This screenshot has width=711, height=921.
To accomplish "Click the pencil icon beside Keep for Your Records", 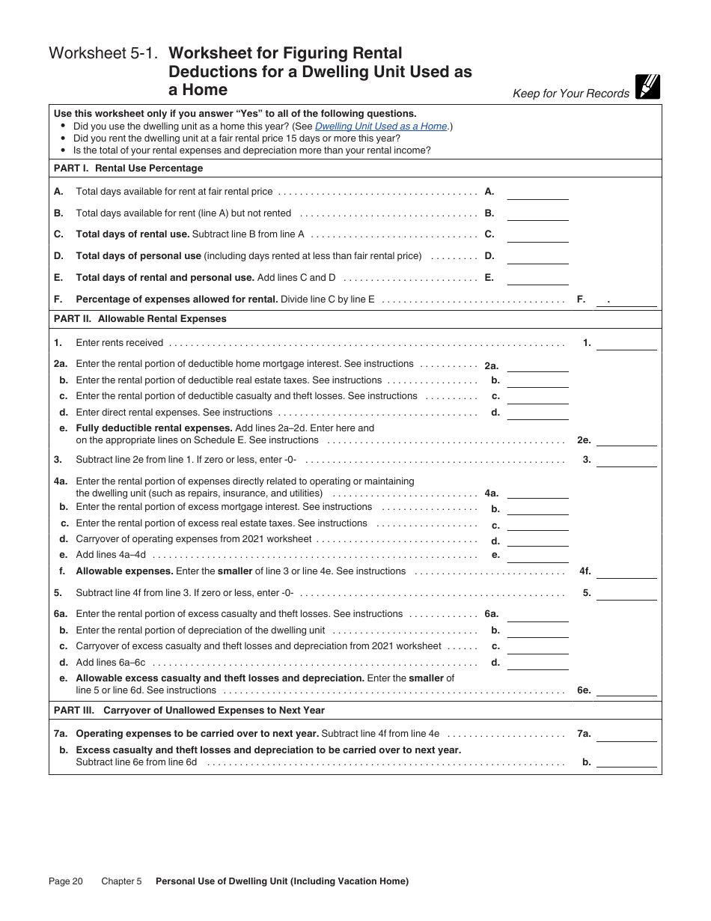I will [x=647, y=87].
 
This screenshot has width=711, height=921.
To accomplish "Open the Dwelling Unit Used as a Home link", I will [x=380, y=127].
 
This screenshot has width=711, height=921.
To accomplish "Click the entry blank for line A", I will [x=537, y=192].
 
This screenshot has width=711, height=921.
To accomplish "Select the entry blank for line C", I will [x=537, y=235].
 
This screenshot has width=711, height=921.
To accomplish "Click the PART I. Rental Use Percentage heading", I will [x=128, y=168].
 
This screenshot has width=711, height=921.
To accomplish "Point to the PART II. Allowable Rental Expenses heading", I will [x=140, y=319].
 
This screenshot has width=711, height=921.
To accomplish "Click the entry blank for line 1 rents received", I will [x=626, y=344].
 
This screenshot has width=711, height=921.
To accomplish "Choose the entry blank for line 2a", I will [x=537, y=365].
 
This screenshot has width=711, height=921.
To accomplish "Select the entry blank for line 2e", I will [x=626, y=440].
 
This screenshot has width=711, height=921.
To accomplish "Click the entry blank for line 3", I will [x=626, y=460].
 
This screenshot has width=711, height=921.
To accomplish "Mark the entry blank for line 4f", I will [x=626, y=571].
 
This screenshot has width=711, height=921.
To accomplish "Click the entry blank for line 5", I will [x=626, y=593].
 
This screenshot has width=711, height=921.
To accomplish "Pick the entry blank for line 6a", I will [x=537, y=615].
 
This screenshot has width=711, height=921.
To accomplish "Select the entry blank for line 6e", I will [x=626, y=690].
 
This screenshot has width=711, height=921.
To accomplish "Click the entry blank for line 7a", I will [x=626, y=735].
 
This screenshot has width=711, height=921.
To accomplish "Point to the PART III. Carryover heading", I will [x=189, y=711].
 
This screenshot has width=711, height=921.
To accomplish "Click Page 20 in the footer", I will [x=66, y=881].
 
